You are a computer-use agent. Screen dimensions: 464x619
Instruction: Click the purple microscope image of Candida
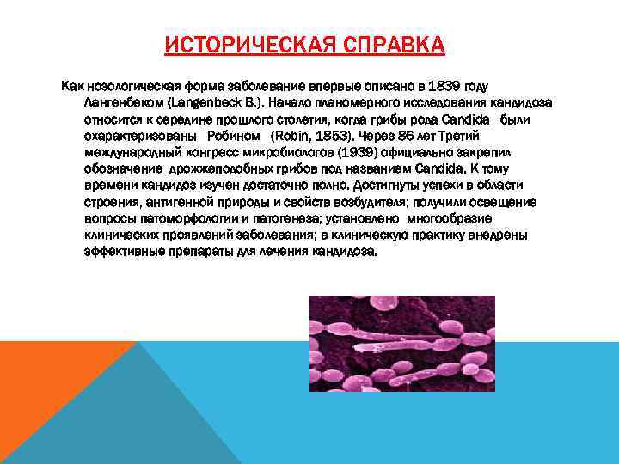pyautogui.click(x=401, y=343)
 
